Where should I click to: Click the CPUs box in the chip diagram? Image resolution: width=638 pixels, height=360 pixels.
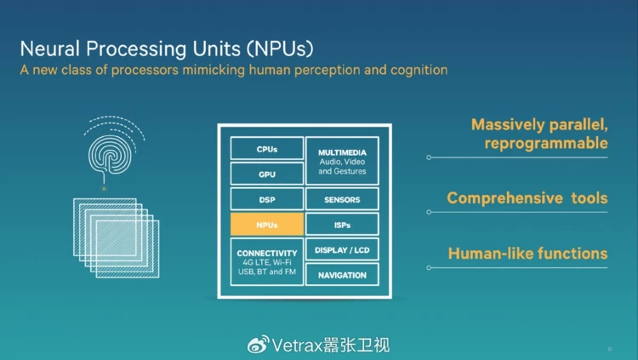(x=266, y=149)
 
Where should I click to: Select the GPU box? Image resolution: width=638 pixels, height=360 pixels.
(x=266, y=174)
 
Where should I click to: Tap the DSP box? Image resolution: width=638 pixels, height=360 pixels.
(x=266, y=200)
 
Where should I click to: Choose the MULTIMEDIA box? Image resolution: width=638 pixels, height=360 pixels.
(x=342, y=161)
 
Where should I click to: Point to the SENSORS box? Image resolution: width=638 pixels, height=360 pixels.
(x=342, y=200)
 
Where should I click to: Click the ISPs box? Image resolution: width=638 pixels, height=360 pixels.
(x=342, y=226)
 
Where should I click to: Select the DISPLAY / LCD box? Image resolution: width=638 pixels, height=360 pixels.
(x=342, y=250)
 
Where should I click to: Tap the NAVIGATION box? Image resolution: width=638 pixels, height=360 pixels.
(x=342, y=275)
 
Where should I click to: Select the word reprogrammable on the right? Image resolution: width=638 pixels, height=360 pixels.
(x=546, y=143)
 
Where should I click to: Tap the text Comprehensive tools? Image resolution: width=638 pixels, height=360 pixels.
(x=527, y=198)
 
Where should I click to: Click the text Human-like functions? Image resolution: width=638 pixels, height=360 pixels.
(x=527, y=254)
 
